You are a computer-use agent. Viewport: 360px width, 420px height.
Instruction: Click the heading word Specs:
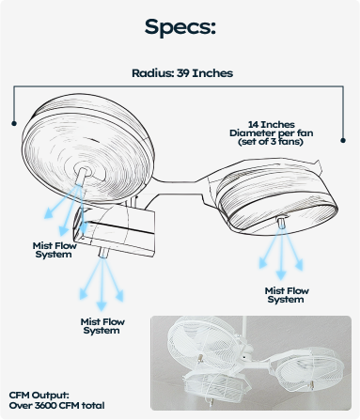pos(180,27)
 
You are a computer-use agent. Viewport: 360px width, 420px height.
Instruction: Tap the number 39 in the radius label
pos(183,73)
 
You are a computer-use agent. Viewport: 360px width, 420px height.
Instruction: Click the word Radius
pos(152,73)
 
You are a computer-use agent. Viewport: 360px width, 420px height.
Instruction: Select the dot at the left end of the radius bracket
pos(14,123)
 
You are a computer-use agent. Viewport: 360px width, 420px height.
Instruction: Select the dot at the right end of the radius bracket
pos(343,140)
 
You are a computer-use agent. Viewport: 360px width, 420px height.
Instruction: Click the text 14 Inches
pos(272,125)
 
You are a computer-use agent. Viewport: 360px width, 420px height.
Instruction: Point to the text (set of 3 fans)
pos(271,142)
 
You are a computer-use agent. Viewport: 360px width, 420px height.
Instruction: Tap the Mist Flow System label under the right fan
pos(287,295)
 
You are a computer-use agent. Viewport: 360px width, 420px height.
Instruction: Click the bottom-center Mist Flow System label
pos(102,326)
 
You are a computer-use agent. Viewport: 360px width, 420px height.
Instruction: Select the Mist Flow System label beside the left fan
pos(55,250)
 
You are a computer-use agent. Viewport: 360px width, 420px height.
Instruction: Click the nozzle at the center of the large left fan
pos(82,177)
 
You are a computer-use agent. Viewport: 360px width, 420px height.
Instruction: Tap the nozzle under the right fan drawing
pos(282,223)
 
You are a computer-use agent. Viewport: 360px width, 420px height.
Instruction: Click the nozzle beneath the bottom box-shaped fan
pos(103,253)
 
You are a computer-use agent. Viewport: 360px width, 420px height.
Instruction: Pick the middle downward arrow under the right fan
pos(281,254)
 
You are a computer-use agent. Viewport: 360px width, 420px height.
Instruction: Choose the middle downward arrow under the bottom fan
pos(102,284)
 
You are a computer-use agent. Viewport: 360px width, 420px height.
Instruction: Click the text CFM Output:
pos(39,396)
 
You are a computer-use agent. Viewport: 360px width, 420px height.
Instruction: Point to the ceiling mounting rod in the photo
pos(244,329)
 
